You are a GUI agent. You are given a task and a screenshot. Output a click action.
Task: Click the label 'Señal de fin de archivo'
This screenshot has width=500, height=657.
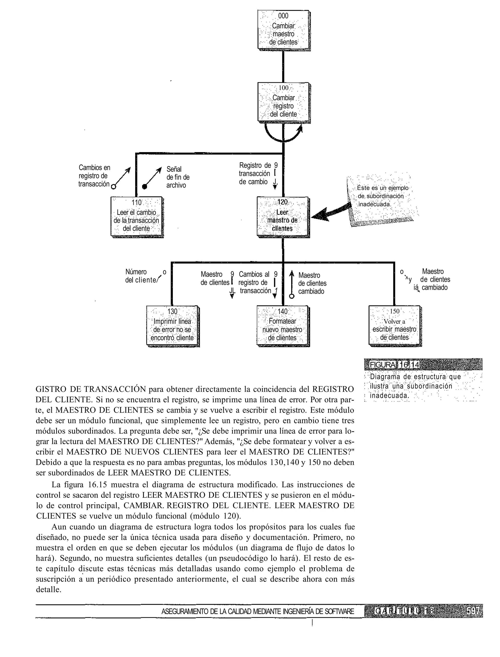click(x=178, y=177)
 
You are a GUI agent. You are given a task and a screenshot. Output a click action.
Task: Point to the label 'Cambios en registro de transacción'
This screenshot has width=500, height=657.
click(x=94, y=176)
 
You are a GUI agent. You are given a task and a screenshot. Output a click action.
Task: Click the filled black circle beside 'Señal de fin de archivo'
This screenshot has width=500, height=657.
click(x=145, y=187)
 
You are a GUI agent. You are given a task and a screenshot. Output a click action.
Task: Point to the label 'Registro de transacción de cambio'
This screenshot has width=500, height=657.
click(x=255, y=174)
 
